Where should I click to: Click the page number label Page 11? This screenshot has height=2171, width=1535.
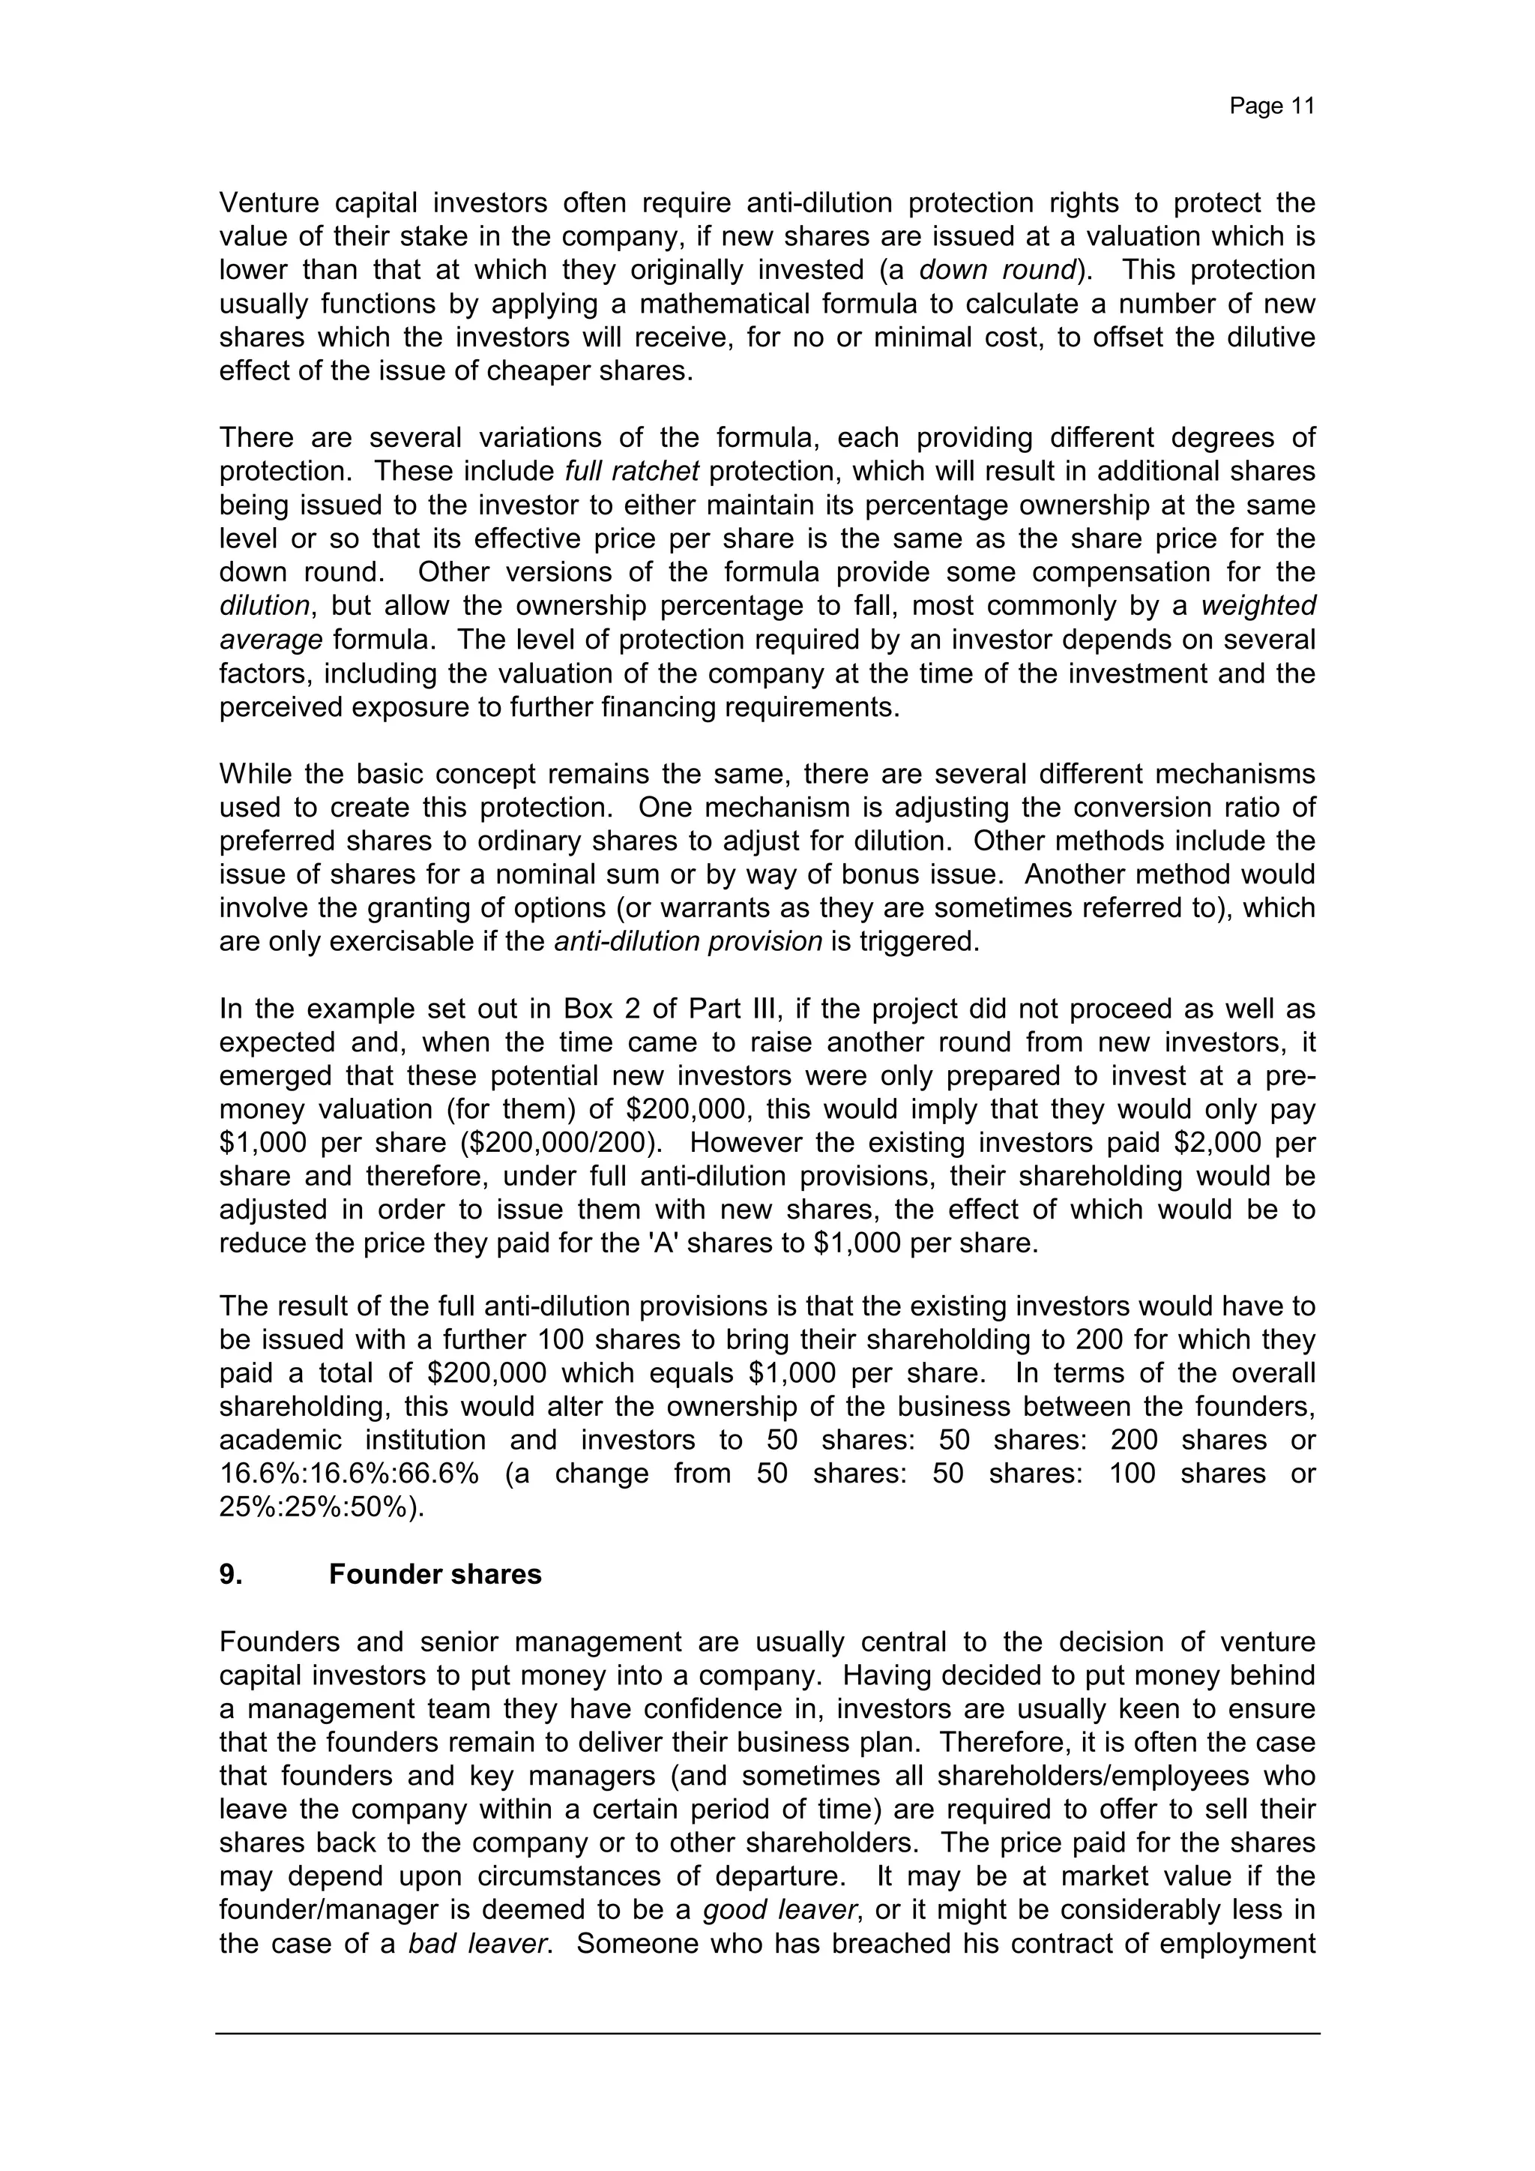pyautogui.click(x=1271, y=106)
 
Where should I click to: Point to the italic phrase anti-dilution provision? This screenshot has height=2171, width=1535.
pyautogui.click(x=688, y=942)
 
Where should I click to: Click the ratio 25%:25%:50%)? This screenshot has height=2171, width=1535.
pyautogui.click(x=322, y=1507)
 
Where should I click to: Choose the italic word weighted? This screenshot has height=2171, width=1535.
pyautogui.click(x=1258, y=605)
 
